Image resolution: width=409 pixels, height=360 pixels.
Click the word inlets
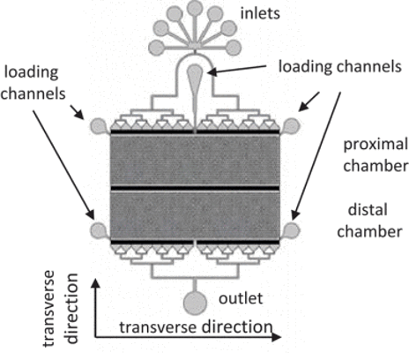coord(260,13)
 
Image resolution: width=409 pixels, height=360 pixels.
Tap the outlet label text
coord(241,298)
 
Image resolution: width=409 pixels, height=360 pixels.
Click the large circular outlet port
coord(195,303)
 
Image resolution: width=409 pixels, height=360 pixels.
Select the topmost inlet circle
coord(194,8)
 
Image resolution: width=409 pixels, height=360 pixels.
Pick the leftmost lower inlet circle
coord(156,48)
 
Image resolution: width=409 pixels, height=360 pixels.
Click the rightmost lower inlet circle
coord(234,48)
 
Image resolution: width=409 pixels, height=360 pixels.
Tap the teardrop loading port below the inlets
coord(195,77)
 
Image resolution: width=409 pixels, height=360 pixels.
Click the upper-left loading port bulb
coord(100,126)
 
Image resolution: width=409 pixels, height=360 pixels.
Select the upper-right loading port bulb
coord(291,126)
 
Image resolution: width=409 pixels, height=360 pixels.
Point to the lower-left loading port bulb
coord(99,230)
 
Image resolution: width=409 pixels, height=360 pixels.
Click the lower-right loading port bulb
coord(291,230)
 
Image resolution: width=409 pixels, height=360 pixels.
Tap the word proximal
coord(376,146)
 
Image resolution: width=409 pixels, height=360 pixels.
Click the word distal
coord(368,210)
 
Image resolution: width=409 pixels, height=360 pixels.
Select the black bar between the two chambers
coord(195,188)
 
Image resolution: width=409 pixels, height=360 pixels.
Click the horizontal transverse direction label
coord(196,327)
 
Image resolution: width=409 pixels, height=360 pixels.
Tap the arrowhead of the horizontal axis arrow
coord(277,337)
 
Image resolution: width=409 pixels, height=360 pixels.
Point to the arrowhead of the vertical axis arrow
coord(95,283)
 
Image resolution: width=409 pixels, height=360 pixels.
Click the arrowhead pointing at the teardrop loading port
coord(212,71)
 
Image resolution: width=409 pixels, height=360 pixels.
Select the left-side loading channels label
coord(33,83)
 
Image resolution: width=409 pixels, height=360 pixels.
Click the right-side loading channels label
coord(340,66)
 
